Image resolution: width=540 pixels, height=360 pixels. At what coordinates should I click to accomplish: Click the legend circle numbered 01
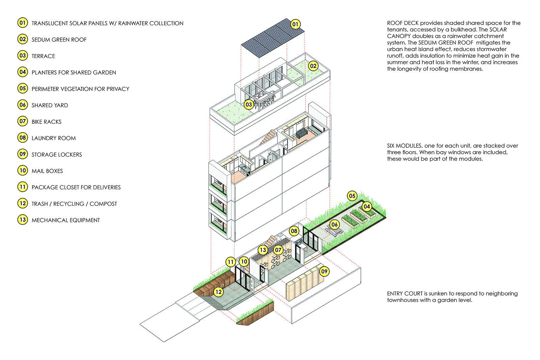point(23,23)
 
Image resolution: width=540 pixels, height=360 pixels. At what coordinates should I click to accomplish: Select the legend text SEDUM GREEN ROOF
point(59,40)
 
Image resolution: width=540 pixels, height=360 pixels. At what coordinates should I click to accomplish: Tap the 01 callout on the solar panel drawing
point(295,24)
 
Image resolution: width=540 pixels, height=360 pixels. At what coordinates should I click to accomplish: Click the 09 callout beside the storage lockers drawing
point(324,271)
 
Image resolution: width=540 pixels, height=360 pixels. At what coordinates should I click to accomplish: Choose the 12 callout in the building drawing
point(219,292)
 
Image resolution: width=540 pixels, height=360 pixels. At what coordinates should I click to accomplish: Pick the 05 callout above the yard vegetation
point(352,196)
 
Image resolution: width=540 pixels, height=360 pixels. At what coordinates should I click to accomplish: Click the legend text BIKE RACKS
point(47,122)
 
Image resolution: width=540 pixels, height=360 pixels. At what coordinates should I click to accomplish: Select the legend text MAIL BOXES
point(47,171)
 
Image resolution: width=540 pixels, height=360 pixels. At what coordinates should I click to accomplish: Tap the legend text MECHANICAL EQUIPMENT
point(66,220)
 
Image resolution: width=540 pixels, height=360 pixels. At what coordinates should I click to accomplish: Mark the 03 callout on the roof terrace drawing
point(249,105)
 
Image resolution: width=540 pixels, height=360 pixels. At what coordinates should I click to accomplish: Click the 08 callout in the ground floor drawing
point(294,231)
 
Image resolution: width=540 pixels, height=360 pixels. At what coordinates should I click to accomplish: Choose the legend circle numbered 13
point(23,220)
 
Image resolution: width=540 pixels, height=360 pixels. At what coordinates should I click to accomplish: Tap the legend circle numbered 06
point(23,105)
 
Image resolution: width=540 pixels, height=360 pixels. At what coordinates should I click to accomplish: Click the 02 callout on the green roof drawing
point(313,66)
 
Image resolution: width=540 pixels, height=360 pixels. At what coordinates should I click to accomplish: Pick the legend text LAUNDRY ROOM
point(54,138)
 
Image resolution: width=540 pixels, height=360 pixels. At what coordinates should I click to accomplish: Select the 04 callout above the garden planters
point(367,206)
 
